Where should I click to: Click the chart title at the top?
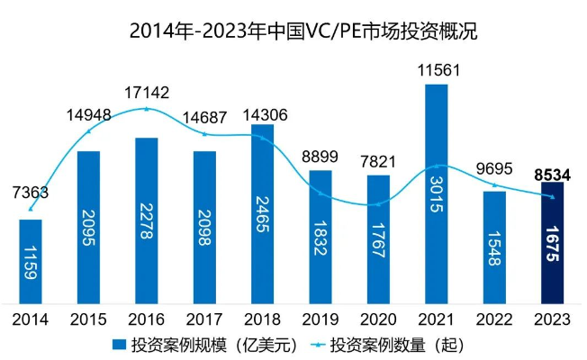293,31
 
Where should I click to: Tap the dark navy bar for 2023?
553,243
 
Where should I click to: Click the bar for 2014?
31,261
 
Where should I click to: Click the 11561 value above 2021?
437,69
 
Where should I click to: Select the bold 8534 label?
552,173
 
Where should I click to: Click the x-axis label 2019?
321,318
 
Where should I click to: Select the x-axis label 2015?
88,318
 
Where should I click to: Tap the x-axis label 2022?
494,318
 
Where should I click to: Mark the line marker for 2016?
147,109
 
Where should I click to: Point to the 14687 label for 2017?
205,117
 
